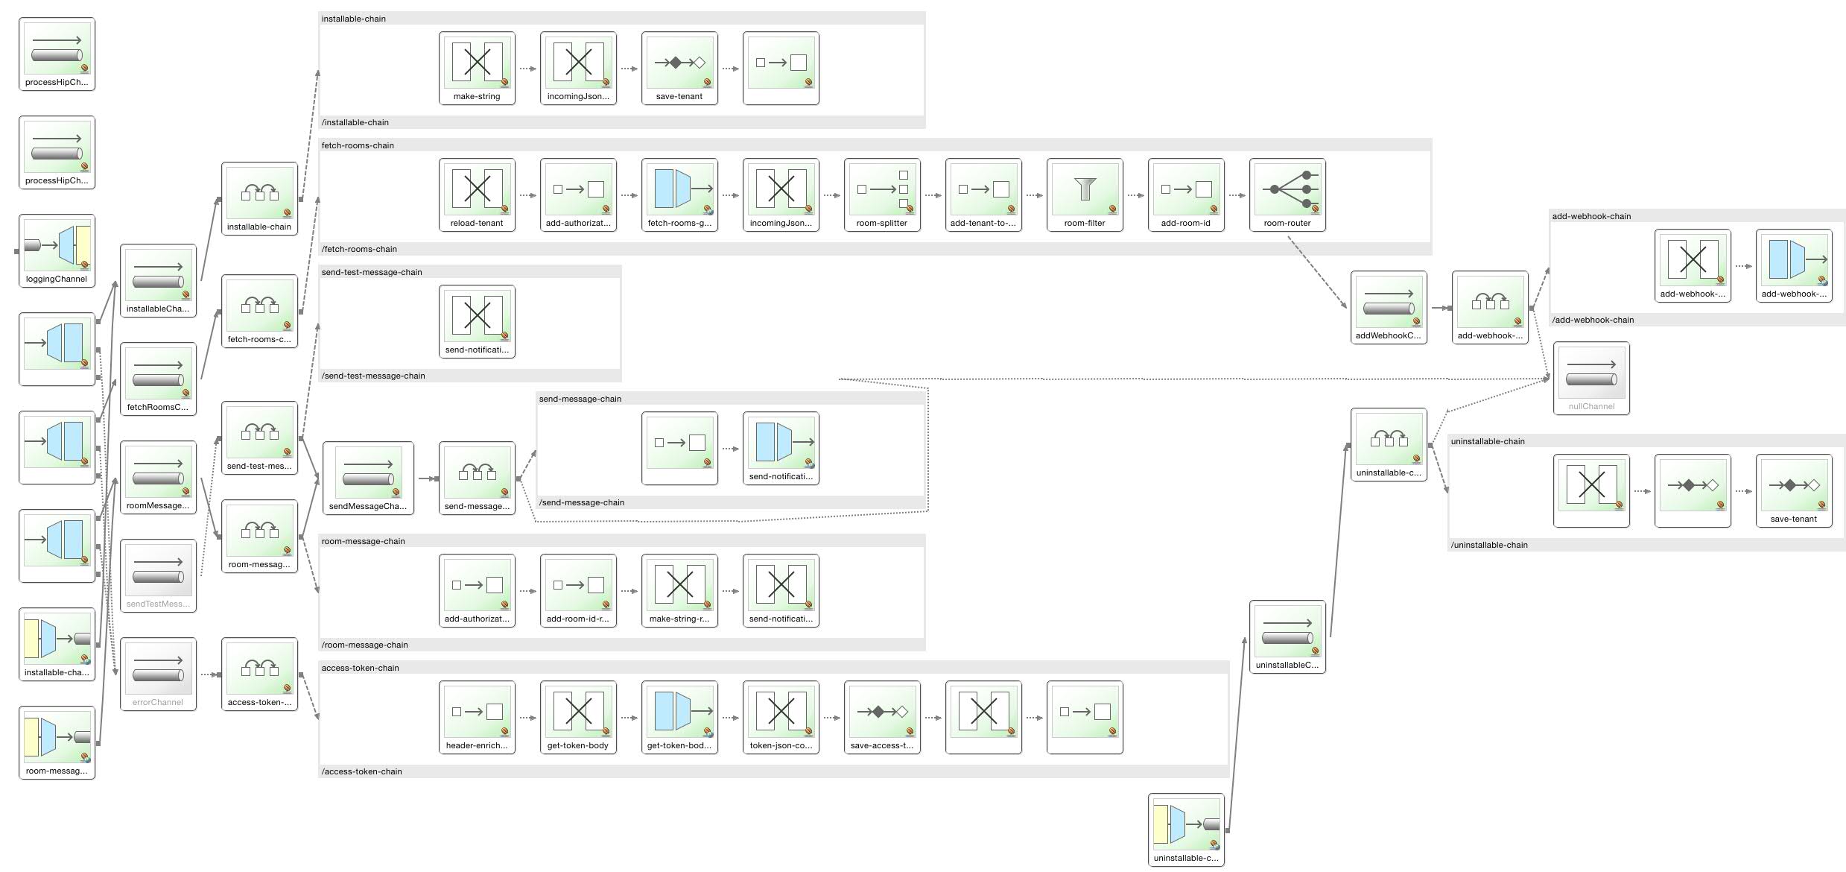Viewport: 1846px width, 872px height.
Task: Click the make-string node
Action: [477, 67]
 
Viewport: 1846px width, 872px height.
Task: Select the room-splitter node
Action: [882, 194]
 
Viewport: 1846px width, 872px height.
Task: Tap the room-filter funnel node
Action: [1085, 194]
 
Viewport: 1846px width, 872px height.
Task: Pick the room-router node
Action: [1287, 194]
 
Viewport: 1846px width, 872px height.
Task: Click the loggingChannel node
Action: [57, 250]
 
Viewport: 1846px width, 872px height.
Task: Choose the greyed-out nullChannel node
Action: [1591, 377]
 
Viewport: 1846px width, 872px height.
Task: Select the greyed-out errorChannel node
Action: [158, 673]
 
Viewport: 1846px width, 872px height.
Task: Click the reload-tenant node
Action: [477, 194]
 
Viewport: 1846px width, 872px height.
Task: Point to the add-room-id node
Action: [1186, 194]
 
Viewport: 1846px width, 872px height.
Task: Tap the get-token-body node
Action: [578, 716]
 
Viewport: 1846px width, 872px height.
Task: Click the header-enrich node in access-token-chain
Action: [477, 716]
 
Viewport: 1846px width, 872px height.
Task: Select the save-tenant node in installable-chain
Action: [679, 67]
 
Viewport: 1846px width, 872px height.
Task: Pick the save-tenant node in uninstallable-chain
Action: [1794, 490]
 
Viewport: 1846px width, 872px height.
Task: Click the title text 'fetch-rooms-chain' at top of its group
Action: [358, 145]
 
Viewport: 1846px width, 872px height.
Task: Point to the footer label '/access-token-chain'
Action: [361, 771]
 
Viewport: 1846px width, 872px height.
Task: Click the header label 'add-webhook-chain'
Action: [1591, 216]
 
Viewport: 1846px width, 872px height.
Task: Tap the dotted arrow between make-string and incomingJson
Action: [527, 69]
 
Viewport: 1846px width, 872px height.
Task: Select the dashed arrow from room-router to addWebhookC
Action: [1317, 272]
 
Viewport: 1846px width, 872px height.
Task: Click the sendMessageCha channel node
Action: [368, 477]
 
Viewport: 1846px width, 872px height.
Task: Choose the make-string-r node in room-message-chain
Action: [679, 590]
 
